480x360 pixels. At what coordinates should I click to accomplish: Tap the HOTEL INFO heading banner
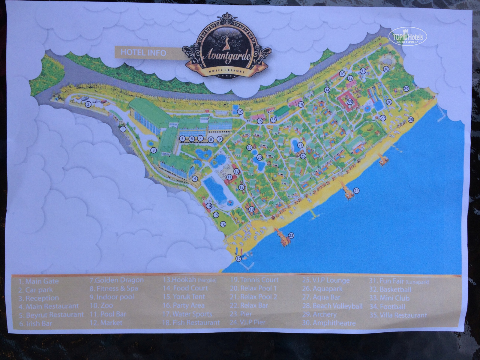[x=143, y=52]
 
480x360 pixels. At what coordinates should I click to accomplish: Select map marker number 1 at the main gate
[x=122, y=129]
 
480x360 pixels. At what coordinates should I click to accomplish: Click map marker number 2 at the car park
[x=88, y=104]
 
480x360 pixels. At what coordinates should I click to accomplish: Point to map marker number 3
[x=154, y=150]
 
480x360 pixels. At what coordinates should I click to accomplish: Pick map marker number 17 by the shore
[x=238, y=258]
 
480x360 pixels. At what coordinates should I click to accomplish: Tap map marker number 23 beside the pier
[x=291, y=235]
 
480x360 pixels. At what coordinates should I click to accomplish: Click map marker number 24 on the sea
[x=356, y=190]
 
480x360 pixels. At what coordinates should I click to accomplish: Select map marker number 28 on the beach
[x=411, y=119]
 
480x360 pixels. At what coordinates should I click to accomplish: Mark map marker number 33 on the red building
[x=349, y=102]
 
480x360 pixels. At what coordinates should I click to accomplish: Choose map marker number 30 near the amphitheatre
[x=386, y=69]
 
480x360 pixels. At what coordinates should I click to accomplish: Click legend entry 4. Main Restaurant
[x=49, y=306]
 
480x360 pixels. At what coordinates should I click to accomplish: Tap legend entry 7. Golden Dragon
[x=117, y=280]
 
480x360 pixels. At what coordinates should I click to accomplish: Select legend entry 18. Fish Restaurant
[x=191, y=323]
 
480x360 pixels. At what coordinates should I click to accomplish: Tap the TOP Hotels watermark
[x=407, y=37]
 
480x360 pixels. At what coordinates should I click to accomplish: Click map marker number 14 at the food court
[x=209, y=206]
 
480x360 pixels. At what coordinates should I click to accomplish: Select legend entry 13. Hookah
[x=189, y=280]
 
